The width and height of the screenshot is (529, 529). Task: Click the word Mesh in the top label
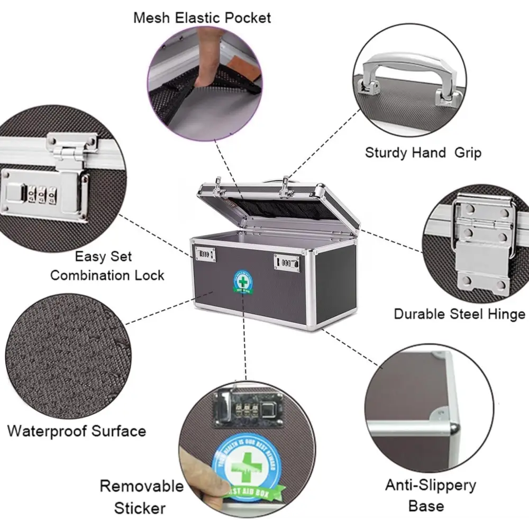[x=152, y=17]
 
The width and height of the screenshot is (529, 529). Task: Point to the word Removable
[x=141, y=486]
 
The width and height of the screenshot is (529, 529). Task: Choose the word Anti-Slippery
[x=423, y=485]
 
